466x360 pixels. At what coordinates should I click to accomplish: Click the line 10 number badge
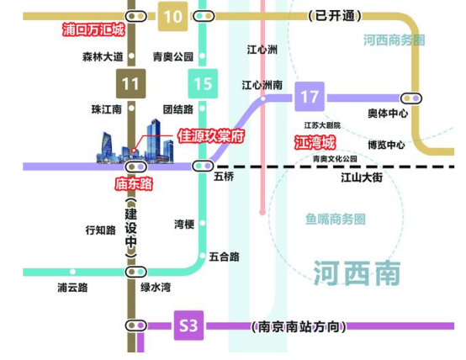pyautogui.click(x=172, y=16)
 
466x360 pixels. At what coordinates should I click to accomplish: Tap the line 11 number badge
pyautogui.click(x=130, y=83)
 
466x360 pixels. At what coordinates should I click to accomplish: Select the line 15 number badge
pyautogui.click(x=203, y=83)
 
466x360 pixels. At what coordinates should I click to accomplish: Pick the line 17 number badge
pyautogui.click(x=310, y=97)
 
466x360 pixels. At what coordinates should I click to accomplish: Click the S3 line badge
pyautogui.click(x=188, y=326)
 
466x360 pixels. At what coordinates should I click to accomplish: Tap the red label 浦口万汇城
pyautogui.click(x=93, y=29)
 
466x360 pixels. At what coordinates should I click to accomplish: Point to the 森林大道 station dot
pyautogui.click(x=131, y=56)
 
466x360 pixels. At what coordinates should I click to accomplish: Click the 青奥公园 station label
pyautogui.click(x=173, y=56)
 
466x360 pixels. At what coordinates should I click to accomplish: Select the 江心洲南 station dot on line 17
pyautogui.click(x=263, y=98)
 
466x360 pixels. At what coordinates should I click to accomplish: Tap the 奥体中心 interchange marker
pyautogui.click(x=411, y=98)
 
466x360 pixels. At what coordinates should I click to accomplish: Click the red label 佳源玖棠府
pyautogui.click(x=211, y=136)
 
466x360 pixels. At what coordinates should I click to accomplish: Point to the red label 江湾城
pyautogui.click(x=315, y=142)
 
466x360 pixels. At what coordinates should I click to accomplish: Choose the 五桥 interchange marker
pyautogui.click(x=203, y=166)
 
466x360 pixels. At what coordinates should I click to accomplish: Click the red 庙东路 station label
pyautogui.click(x=134, y=183)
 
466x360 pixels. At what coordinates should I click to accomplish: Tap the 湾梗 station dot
pyautogui.click(x=203, y=223)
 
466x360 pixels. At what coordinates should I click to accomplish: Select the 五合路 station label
pyautogui.click(x=225, y=257)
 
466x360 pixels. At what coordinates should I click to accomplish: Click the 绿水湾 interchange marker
pyautogui.click(x=135, y=272)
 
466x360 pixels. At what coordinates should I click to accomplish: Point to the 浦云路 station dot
pyautogui.click(x=72, y=272)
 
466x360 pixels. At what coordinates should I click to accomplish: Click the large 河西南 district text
pyautogui.click(x=357, y=273)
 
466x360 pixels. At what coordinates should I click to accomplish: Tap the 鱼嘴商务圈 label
pyautogui.click(x=336, y=219)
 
